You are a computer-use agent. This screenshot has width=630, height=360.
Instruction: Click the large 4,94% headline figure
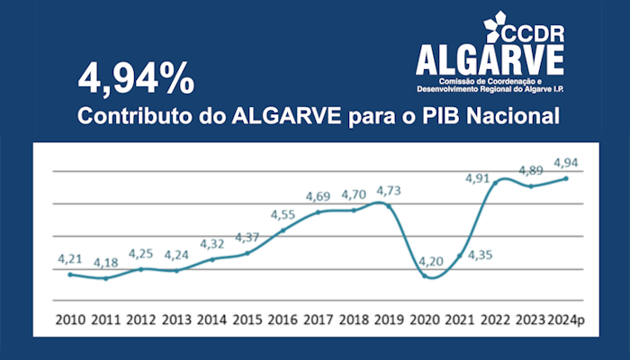[x=136, y=79]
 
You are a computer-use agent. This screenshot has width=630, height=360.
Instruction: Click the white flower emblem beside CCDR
[x=496, y=26]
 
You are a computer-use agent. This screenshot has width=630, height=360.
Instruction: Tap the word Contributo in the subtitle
[x=131, y=118]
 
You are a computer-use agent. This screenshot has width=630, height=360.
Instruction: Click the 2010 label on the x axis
[x=70, y=320]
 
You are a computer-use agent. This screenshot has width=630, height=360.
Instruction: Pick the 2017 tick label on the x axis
[x=318, y=320]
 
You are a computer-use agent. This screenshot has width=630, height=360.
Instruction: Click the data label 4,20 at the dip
[x=426, y=262]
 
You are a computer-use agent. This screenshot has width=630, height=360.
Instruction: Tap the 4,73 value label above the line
[x=389, y=191]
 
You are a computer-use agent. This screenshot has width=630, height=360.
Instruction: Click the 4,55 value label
[x=284, y=215]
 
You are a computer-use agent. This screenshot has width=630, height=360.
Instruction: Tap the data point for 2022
[x=495, y=182]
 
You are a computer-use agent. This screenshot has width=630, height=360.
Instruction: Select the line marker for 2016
[x=283, y=230]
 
